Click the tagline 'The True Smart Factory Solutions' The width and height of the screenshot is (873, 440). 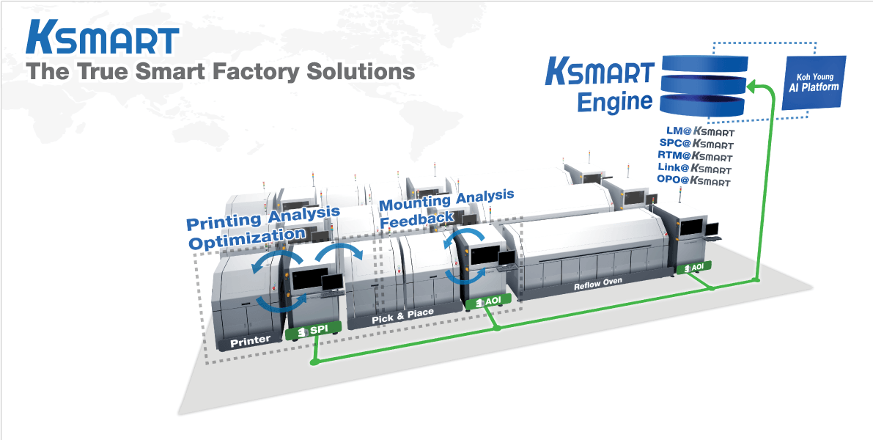click(x=220, y=72)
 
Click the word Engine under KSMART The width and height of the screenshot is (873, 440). click(x=614, y=101)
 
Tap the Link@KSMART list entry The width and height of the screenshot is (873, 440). click(x=694, y=169)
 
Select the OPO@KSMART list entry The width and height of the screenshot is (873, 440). click(x=694, y=180)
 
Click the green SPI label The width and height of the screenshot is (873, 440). click(x=314, y=331)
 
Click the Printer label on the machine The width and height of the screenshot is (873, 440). click(x=251, y=341)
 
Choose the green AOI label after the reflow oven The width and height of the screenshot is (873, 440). click(x=694, y=268)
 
